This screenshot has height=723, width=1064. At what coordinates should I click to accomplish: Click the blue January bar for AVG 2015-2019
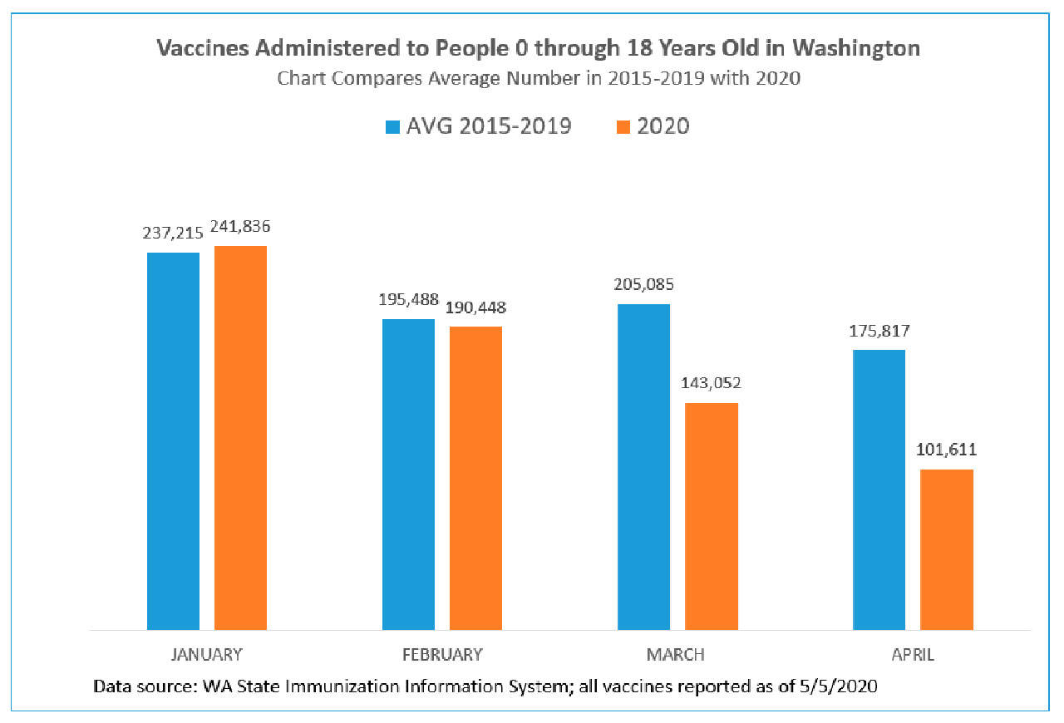click(173, 440)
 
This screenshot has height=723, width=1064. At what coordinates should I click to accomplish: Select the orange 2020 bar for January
click(240, 437)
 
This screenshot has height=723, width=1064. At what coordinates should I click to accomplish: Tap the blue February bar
click(408, 474)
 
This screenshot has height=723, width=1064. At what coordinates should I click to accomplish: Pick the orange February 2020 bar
click(475, 478)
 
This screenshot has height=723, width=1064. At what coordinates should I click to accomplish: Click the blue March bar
click(643, 466)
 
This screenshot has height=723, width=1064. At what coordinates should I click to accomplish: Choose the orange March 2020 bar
click(712, 516)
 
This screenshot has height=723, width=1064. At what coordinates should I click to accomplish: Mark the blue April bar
click(879, 489)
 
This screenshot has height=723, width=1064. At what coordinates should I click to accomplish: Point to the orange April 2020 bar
click(947, 549)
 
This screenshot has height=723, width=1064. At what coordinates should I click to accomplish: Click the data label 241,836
click(241, 226)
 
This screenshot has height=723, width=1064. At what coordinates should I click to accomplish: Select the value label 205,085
click(644, 284)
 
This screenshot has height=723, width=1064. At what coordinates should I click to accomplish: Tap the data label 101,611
click(947, 450)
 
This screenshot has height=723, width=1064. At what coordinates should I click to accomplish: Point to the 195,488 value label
click(409, 299)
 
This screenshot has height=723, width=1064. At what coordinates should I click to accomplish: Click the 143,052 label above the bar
click(712, 383)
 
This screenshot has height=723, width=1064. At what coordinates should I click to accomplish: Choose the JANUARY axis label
click(206, 655)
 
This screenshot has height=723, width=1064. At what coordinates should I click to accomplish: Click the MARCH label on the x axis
click(675, 655)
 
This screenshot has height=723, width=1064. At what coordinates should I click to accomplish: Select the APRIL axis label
click(913, 655)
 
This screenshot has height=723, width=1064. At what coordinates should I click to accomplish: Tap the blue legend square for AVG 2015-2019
click(392, 127)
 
